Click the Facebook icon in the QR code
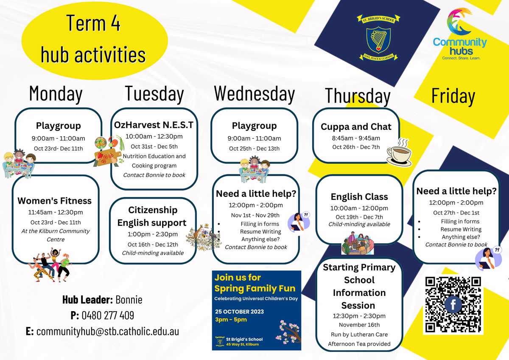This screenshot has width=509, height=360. pyautogui.click(x=453, y=304)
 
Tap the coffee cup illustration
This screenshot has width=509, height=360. pyautogui.click(x=399, y=152)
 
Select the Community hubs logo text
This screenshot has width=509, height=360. pyautogui.click(x=460, y=47)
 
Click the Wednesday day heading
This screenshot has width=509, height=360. pyautogui.click(x=254, y=94)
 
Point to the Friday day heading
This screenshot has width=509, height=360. pyautogui.click(x=453, y=96)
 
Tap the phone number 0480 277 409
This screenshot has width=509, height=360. pyautogui.click(x=108, y=315)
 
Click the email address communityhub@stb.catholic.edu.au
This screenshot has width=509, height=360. pyautogui.click(x=108, y=332)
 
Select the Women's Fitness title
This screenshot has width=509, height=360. pyautogui.click(x=55, y=201)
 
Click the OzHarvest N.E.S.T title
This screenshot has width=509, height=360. pyautogui.click(x=154, y=125)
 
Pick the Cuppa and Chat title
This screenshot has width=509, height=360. pyautogui.click(x=356, y=127)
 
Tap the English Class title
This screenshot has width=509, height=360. pyautogui.click(x=359, y=197)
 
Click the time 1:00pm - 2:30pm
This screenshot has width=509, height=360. pyautogui.click(x=153, y=234)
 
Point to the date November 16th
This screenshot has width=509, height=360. pyautogui.click(x=359, y=325)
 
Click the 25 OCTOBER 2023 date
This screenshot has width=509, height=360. pyautogui.click(x=240, y=312)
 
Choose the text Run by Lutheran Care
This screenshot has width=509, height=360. pyautogui.click(x=359, y=335)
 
